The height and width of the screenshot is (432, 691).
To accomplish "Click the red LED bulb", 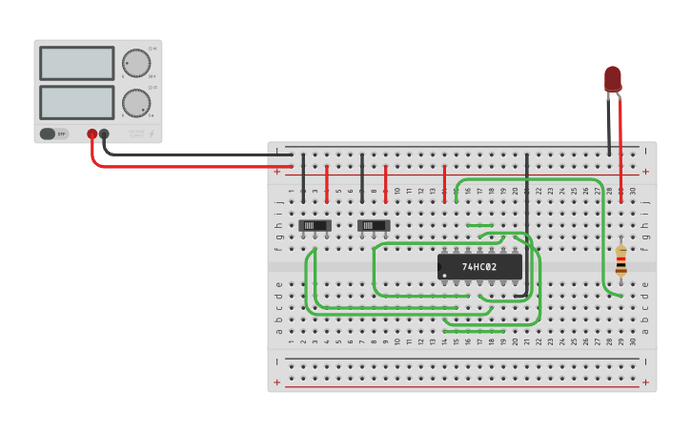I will (612, 78).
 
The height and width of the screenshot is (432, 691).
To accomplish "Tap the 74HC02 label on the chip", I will (479, 267).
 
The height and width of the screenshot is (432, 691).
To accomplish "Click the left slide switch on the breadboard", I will (315, 226).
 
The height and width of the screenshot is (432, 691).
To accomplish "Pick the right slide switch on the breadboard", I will (374, 226).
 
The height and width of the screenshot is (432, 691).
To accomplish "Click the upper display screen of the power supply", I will (76, 63).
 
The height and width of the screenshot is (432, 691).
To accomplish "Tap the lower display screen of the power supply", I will (76, 102).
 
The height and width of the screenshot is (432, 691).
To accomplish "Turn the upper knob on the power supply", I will (136, 64).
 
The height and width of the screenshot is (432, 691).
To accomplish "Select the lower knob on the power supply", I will (136, 103).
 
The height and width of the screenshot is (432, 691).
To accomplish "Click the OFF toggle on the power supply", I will (54, 134).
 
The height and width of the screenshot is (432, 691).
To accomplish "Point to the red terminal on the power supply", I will (92, 134).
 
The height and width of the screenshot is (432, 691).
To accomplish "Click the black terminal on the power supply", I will (104, 134).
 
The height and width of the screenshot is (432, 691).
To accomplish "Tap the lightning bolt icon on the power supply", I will (151, 134).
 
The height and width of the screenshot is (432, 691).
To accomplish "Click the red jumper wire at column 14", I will (444, 183).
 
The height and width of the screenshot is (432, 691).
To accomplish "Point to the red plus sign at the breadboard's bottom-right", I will (645, 382).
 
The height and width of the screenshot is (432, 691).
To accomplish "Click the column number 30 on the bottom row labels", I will (633, 341).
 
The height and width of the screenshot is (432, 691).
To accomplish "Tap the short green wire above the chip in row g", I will (479, 226).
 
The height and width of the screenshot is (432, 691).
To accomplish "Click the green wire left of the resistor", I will (603, 238).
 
